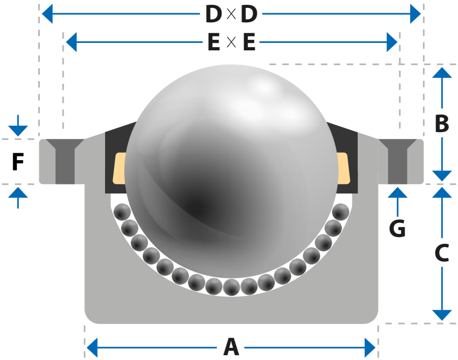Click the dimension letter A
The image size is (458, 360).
pos(231,347)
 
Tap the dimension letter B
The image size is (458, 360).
pos(442,124)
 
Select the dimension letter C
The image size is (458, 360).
pos(442,252)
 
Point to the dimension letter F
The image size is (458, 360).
pos(18,162)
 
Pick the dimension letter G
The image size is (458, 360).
pos(397,228)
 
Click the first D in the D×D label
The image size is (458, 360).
pos(214,14)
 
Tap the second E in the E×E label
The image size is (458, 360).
pos(249,42)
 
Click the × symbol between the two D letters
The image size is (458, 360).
pos(231,14)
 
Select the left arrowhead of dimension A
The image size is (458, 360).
pos(92,347)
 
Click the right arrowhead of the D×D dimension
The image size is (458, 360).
pos(416,14)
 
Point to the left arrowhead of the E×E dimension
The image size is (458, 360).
pos(71,42)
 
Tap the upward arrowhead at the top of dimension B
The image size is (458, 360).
pos(442,73)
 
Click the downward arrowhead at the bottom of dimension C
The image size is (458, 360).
pos(442,315)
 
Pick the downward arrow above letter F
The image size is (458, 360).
pos(18,126)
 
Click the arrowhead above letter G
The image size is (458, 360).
pos(397,192)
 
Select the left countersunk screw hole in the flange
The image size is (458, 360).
pos(65,161)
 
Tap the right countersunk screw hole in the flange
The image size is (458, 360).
pos(397,161)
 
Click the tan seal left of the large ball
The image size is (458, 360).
pos(119,168)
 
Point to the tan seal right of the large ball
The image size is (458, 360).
pos(343,168)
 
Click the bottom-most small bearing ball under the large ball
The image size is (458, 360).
pos(231,287)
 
